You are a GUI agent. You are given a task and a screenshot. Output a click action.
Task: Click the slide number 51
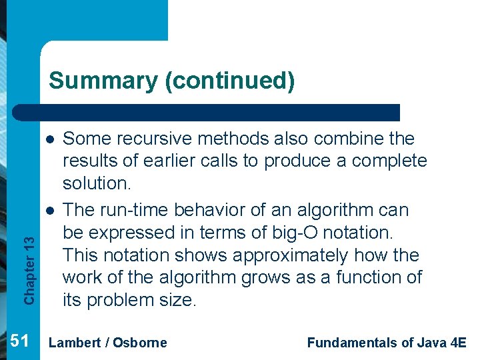click(21, 341)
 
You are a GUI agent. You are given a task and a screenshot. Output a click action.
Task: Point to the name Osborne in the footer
click(140, 343)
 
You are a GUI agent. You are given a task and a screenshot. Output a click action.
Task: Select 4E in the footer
click(459, 343)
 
